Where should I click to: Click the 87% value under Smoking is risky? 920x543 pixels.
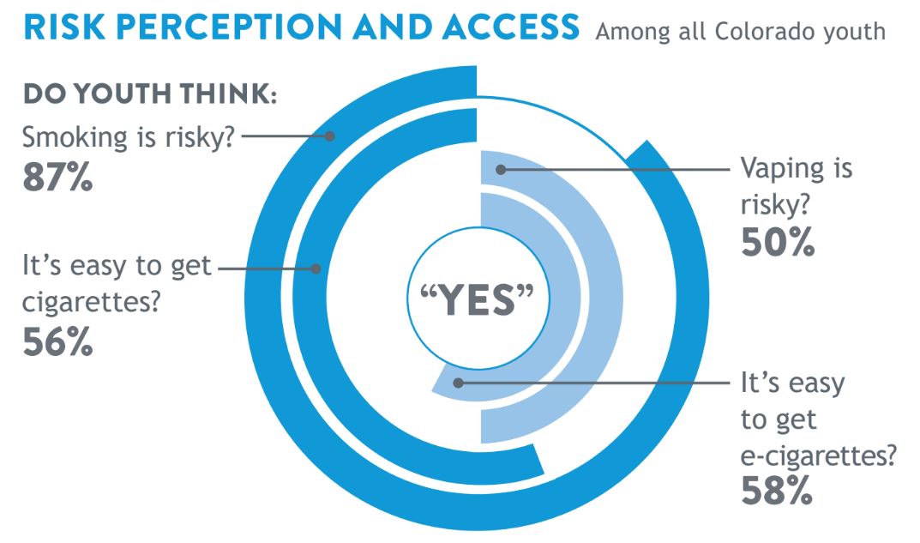point(57,178)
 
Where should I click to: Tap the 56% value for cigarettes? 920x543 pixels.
point(57,341)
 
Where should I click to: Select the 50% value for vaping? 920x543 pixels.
point(778,242)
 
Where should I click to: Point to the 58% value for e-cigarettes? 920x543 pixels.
point(777,491)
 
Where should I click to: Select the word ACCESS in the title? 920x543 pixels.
point(511,27)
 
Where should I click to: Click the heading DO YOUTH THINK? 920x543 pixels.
point(149,94)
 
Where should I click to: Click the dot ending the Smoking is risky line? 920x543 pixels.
point(330,136)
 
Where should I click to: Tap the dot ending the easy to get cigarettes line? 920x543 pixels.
point(316,268)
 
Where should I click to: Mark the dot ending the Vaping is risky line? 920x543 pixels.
point(501,170)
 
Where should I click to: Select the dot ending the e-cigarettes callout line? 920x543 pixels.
point(458,383)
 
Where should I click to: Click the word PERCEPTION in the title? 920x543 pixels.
point(228,27)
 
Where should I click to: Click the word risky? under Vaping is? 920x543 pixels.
point(775,206)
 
